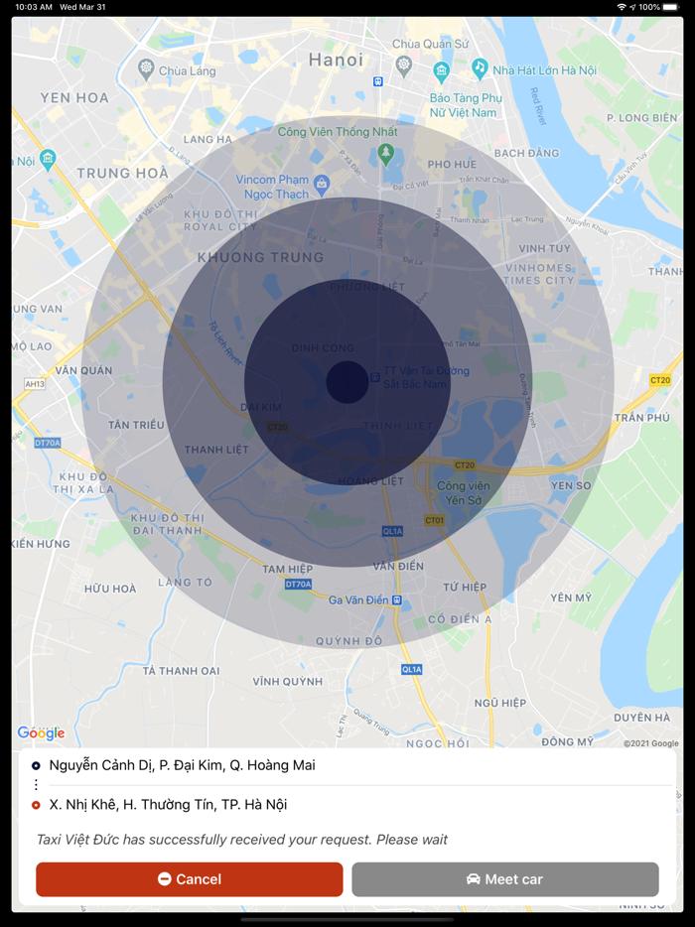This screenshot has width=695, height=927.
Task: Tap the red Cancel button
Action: click(190, 879)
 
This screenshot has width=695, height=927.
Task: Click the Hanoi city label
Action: click(336, 60)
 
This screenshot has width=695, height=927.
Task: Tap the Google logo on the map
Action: click(41, 733)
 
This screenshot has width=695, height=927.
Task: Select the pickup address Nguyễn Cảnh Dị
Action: click(182, 765)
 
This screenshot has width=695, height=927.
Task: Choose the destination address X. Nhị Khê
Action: click(168, 805)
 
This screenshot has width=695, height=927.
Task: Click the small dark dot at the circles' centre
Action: click(347, 382)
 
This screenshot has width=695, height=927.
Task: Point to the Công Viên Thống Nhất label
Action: click(338, 132)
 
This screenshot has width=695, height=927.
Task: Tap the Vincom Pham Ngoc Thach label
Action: click(273, 187)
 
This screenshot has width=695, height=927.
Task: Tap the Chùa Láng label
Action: click(187, 71)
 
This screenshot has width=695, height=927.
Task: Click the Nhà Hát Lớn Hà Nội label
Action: click(544, 70)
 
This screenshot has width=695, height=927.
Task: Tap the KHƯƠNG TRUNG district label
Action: click(260, 257)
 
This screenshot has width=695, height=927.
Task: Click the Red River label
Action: click(538, 106)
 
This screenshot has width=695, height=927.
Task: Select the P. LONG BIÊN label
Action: click(640, 118)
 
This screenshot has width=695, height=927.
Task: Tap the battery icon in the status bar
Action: click(671, 7)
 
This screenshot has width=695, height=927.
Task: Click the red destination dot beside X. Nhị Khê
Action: click(36, 805)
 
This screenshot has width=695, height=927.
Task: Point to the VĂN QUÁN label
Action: click(83, 370)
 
